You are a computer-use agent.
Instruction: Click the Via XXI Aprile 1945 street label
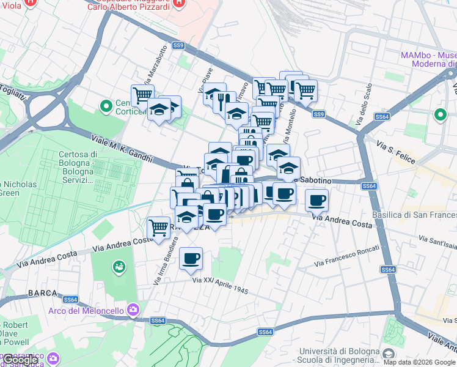221,285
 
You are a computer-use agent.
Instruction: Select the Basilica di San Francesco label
414,215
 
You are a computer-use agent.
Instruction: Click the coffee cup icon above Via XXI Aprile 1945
191,259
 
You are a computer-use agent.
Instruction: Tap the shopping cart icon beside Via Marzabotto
142,95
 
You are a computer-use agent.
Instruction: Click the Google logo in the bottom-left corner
20,360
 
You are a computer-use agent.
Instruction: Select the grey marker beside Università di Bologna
388,354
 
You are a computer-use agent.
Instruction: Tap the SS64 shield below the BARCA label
71,299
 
